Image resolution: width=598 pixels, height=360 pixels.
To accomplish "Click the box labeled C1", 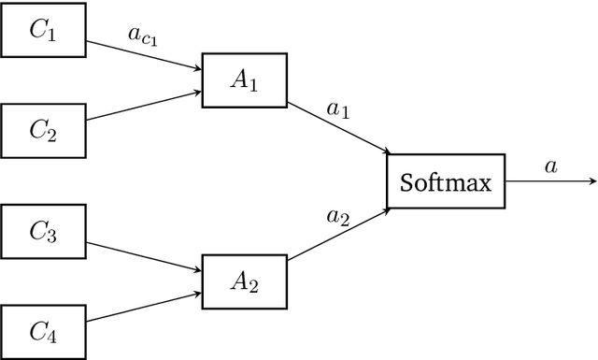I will [x=43, y=32].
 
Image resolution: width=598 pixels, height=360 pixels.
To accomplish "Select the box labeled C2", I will [x=43, y=129].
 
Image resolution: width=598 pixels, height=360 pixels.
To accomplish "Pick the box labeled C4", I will [x=43, y=330].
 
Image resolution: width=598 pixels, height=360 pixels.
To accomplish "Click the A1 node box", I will [x=244, y=80].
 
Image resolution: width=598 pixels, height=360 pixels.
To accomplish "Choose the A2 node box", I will [x=244, y=282].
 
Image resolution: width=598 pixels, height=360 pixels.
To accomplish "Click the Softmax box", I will [x=446, y=181].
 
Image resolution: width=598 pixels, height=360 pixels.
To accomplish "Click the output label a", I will [x=550, y=166].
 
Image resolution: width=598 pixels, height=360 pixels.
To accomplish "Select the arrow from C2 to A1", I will [x=144, y=106].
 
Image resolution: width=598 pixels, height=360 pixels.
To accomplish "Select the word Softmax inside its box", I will [x=446, y=181].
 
